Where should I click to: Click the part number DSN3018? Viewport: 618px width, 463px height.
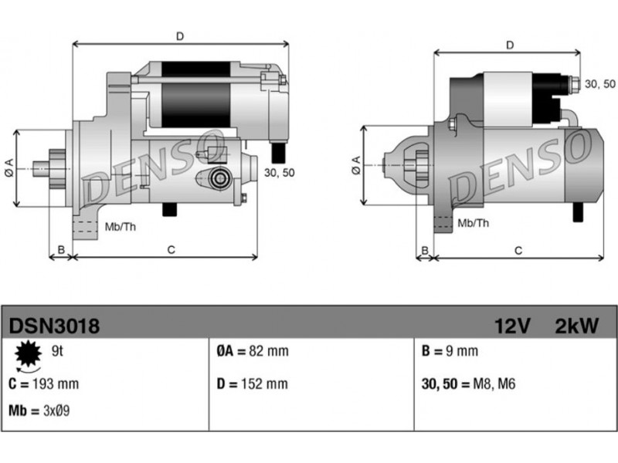pyautogui.click(x=54, y=326)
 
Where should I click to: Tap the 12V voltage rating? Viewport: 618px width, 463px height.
pyautogui.click(x=512, y=326)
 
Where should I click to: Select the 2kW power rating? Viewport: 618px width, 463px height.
pyautogui.click(x=576, y=326)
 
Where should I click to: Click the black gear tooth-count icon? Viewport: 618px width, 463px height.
pyautogui.click(x=28, y=353)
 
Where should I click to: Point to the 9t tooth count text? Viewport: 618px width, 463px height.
pyautogui.click(x=57, y=351)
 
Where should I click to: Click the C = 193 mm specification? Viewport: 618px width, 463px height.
pyautogui.click(x=44, y=384)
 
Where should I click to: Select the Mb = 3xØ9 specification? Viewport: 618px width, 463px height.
pyautogui.click(x=39, y=411)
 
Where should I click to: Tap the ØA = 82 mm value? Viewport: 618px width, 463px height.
pyautogui.click(x=253, y=351)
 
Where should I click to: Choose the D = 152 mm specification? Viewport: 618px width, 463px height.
pyautogui.click(x=253, y=384)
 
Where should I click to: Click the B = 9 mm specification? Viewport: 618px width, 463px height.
pyautogui.click(x=450, y=351)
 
